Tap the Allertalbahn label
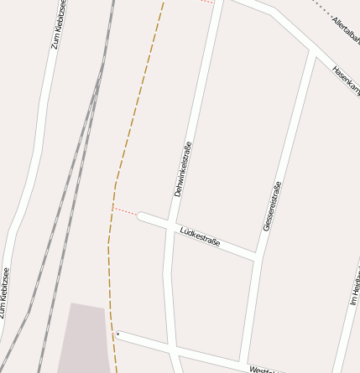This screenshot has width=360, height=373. tap(346, 29)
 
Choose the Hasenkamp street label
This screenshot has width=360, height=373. tap(346, 80)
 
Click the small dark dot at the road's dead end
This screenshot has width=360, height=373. tap(118, 334)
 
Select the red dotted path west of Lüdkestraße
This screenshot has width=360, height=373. tap(125, 211)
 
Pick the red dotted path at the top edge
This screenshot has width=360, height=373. tap(207, 2)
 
